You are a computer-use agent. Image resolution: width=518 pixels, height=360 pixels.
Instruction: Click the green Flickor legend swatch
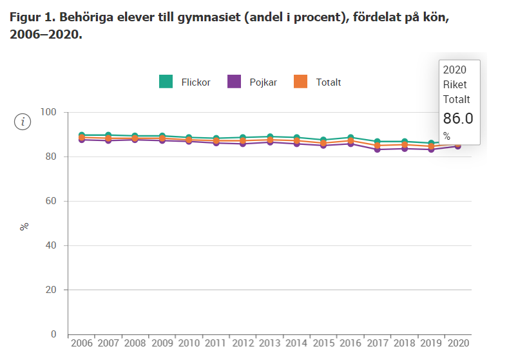(166, 82)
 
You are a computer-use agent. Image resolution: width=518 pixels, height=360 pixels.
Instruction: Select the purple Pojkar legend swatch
(234, 82)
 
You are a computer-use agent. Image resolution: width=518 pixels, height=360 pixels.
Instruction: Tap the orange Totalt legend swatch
(300, 82)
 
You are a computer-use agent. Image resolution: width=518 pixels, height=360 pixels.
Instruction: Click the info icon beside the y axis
(23, 121)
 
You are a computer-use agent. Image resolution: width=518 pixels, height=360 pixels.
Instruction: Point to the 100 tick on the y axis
(49, 113)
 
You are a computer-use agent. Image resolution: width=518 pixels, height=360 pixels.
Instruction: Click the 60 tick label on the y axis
(52, 201)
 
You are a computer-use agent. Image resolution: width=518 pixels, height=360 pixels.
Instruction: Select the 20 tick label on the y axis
(52, 290)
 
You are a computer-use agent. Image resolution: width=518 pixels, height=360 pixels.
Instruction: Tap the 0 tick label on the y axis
(54, 334)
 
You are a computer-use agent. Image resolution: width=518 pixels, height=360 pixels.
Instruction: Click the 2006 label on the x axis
(81, 343)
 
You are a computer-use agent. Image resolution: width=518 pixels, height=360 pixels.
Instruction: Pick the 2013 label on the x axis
(269, 343)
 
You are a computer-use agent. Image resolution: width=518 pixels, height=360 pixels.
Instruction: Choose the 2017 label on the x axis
(377, 343)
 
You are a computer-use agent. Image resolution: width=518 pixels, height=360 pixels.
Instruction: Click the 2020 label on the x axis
(457, 343)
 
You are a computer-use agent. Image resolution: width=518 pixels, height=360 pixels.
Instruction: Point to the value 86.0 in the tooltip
(457, 118)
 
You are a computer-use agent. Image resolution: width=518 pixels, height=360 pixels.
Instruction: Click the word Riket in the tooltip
(454, 84)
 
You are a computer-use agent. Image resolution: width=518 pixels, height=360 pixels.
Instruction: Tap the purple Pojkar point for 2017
(377, 149)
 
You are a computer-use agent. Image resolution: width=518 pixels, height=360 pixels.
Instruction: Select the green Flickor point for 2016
(350, 138)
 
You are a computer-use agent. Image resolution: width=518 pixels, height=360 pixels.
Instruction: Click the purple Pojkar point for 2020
(457, 146)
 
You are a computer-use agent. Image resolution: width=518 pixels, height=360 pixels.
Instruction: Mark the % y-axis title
(24, 227)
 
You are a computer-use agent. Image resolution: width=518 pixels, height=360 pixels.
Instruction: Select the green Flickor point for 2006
(82, 135)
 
